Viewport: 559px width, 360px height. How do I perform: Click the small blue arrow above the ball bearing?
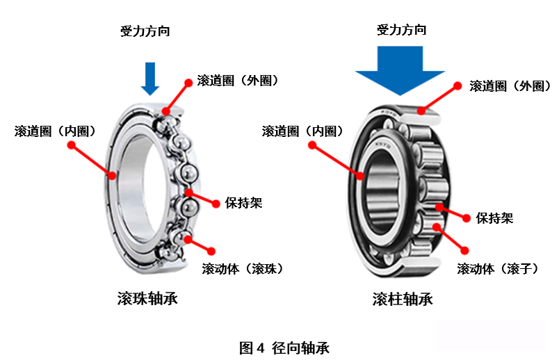[150, 79]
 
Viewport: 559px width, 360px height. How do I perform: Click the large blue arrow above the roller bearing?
[400, 71]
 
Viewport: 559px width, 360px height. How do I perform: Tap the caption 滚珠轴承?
[147, 298]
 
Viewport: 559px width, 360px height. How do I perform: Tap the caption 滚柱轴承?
[403, 299]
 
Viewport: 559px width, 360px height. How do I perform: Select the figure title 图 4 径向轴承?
[284, 348]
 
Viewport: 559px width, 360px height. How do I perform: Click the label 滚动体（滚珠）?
[243, 268]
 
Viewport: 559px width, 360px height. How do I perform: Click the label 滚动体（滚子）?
[498, 268]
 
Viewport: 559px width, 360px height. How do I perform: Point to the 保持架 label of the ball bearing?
[243, 203]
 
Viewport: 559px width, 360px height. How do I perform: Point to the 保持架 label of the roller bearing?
[494, 218]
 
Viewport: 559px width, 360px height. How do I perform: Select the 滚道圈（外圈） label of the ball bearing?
[238, 81]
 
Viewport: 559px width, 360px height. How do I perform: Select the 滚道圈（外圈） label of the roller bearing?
[510, 86]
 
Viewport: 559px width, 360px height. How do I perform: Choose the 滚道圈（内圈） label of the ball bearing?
[55, 131]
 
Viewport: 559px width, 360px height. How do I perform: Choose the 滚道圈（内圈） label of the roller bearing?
[302, 131]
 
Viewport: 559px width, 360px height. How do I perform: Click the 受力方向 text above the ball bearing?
[145, 31]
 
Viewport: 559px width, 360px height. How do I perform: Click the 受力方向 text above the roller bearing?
[401, 30]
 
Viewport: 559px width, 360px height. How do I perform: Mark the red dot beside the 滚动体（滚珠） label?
[211, 251]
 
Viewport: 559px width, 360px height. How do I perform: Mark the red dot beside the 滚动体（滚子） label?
[464, 251]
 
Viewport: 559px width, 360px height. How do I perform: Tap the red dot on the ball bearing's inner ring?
[113, 175]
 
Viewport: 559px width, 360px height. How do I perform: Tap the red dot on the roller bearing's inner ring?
[360, 175]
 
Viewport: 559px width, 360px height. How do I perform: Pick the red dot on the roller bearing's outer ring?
[421, 111]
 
